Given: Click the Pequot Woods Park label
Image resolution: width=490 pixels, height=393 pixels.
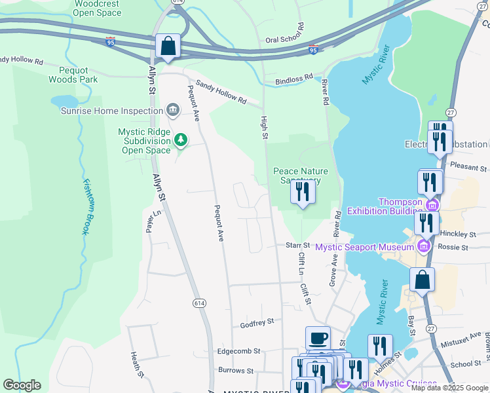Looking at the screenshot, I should (73, 74).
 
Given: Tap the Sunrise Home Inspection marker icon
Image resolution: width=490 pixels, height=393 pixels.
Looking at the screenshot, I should (174, 109).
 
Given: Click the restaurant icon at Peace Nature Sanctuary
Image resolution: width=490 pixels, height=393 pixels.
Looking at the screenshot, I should (302, 191).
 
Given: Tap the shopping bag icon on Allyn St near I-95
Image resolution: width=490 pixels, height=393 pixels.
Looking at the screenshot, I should (168, 47).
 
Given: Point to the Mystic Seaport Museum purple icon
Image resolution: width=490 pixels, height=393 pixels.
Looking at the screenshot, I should (423, 246).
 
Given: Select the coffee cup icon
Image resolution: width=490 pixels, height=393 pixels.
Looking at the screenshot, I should (318, 338).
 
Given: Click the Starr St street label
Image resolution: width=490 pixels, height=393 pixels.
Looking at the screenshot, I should (297, 245).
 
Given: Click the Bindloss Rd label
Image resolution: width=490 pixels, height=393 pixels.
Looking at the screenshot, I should (294, 79).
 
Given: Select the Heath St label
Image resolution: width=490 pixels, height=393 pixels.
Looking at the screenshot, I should (137, 364).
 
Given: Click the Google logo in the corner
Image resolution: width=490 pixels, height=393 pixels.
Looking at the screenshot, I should (22, 385).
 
